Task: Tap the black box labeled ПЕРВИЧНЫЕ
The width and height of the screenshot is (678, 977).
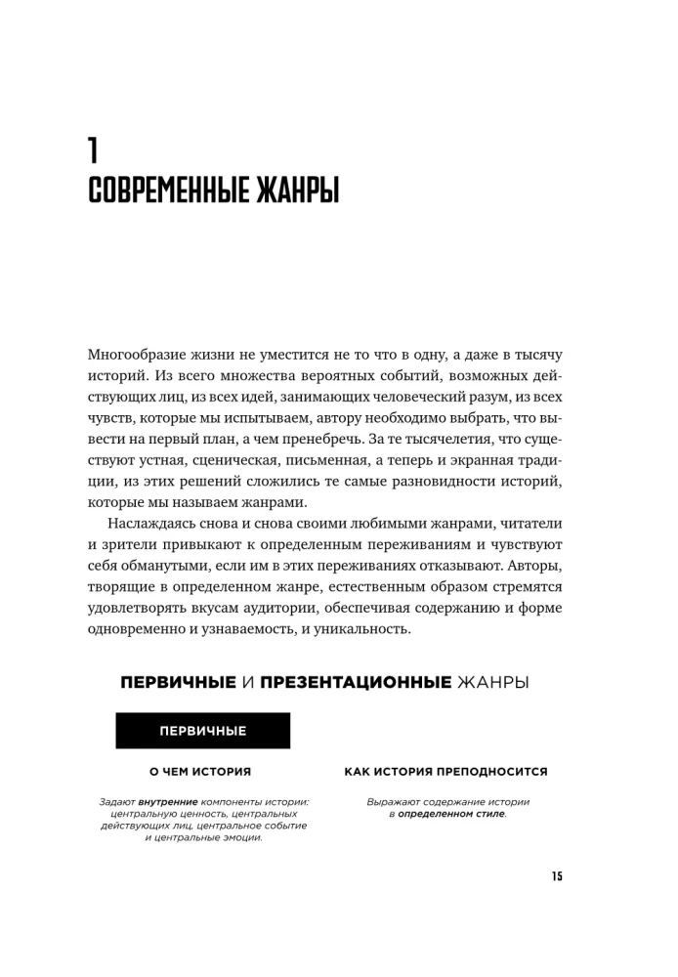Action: tap(202, 730)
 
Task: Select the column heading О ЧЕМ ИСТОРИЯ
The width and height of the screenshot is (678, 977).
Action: tap(199, 771)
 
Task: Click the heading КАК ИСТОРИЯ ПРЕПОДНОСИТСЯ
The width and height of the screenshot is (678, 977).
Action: tap(445, 771)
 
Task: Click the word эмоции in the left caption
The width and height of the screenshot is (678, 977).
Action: tap(240, 837)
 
